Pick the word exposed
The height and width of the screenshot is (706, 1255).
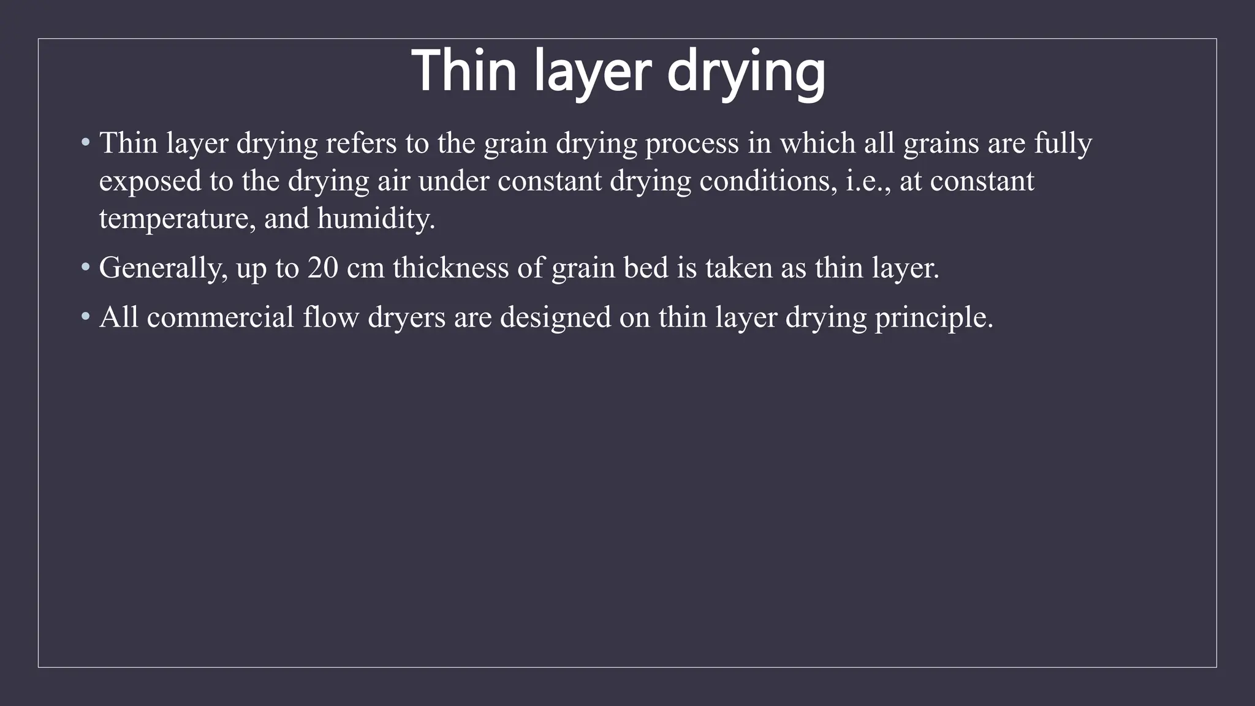pos(150,182)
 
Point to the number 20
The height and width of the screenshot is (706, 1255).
pos(323,268)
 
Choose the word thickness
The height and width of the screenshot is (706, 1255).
pos(450,268)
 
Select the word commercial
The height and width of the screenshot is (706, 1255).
pos(221,317)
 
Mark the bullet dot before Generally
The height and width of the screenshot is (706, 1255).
pos(86,268)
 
